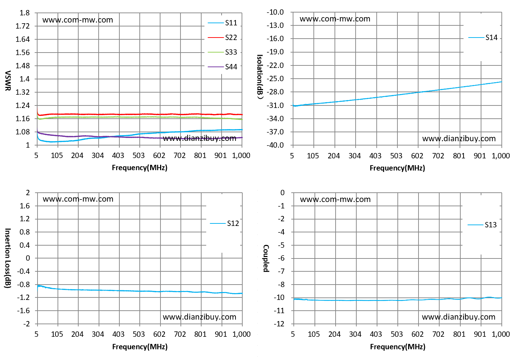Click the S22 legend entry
coord(222,38)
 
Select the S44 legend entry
coord(222,67)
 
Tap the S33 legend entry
coord(222,52)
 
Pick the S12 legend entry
coord(224,223)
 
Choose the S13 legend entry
coord(482,225)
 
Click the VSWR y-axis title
coord(8,81)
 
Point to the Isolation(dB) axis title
coord(260,77)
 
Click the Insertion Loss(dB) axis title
coord(8,258)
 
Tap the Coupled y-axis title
coord(266,258)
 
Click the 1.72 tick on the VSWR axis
coord(23,26)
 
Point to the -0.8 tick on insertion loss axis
coord(24,285)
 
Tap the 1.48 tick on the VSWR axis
coord(23,66)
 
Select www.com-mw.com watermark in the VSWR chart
coord(78,20)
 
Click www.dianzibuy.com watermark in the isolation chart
coord(459,138)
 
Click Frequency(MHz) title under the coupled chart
coord(398,347)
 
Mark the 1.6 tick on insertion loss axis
coord(25,206)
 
